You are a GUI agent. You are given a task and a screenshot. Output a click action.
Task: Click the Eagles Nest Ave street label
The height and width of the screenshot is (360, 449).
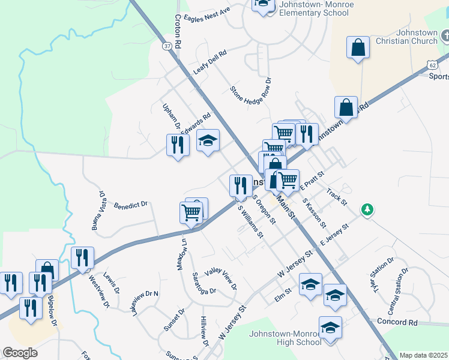208,14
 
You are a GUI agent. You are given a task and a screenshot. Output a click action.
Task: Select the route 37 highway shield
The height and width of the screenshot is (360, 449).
166,46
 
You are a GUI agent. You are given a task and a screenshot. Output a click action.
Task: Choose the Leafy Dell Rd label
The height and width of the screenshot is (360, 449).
210,62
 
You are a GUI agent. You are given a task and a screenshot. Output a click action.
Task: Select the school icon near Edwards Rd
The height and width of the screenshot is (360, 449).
208,141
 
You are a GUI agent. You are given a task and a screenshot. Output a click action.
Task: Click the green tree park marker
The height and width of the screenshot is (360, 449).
367,209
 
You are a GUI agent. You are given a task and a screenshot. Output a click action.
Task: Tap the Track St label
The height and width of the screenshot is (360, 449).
337,197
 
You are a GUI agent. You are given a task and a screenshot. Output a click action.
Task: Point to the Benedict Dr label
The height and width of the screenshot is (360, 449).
131,205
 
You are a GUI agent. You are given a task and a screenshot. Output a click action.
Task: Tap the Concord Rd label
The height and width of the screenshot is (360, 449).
397,322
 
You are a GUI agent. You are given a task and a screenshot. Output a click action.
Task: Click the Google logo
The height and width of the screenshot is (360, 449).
20,352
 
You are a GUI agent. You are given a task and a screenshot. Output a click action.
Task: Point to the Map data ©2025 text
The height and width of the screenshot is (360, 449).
423,355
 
